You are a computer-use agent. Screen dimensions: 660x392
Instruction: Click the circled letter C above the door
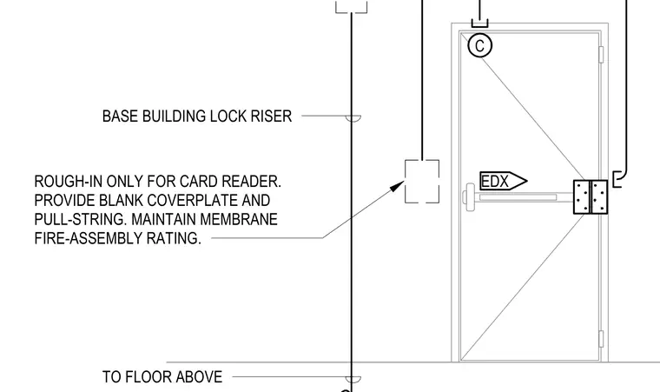tap(480, 45)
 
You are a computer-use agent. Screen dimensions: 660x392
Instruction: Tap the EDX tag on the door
tap(504, 182)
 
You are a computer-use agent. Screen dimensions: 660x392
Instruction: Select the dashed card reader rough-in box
tap(422, 182)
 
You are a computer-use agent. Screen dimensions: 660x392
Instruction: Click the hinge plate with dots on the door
tap(591, 196)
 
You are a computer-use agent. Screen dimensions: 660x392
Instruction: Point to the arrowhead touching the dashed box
tap(397, 186)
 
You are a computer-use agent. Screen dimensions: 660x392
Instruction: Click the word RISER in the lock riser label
tap(271, 116)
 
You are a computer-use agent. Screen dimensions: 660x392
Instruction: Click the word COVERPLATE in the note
tap(193, 200)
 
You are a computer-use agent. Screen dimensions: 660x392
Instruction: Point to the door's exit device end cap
tap(469, 196)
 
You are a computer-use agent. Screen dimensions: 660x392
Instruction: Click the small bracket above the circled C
tap(480, 23)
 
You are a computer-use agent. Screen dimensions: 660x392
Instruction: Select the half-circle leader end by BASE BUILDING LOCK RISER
tap(353, 118)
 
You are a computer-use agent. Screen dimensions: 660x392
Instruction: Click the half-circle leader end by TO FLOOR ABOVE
tap(353, 379)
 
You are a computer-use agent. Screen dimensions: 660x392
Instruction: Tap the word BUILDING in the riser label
tap(174, 116)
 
